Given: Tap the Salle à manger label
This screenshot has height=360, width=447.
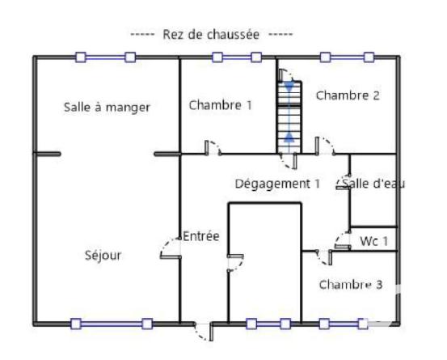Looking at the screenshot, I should [x=107, y=107].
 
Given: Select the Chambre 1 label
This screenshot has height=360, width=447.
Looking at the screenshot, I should [x=221, y=104].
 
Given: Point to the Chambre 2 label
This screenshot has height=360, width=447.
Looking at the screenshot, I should [x=348, y=95].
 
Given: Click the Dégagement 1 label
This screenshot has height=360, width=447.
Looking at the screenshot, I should [x=277, y=184].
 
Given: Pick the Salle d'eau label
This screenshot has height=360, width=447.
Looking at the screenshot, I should [x=373, y=184].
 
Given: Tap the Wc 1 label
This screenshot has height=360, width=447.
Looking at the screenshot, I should [x=374, y=240].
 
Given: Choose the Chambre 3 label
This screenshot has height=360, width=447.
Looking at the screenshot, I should [x=350, y=284].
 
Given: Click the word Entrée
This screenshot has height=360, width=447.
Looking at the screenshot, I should [x=201, y=236].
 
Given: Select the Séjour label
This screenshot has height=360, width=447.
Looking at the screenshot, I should [x=103, y=256].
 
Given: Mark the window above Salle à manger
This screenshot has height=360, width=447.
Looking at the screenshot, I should [x=105, y=57].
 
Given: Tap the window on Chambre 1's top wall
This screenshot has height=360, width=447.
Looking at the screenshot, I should [x=236, y=57].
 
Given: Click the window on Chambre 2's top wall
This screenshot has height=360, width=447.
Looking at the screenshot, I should [x=347, y=57].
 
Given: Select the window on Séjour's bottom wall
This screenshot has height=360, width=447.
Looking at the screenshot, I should [x=111, y=324].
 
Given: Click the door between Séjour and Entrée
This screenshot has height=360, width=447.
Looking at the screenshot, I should [x=171, y=248].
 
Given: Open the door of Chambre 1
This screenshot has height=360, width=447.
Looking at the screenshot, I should [x=213, y=149].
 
